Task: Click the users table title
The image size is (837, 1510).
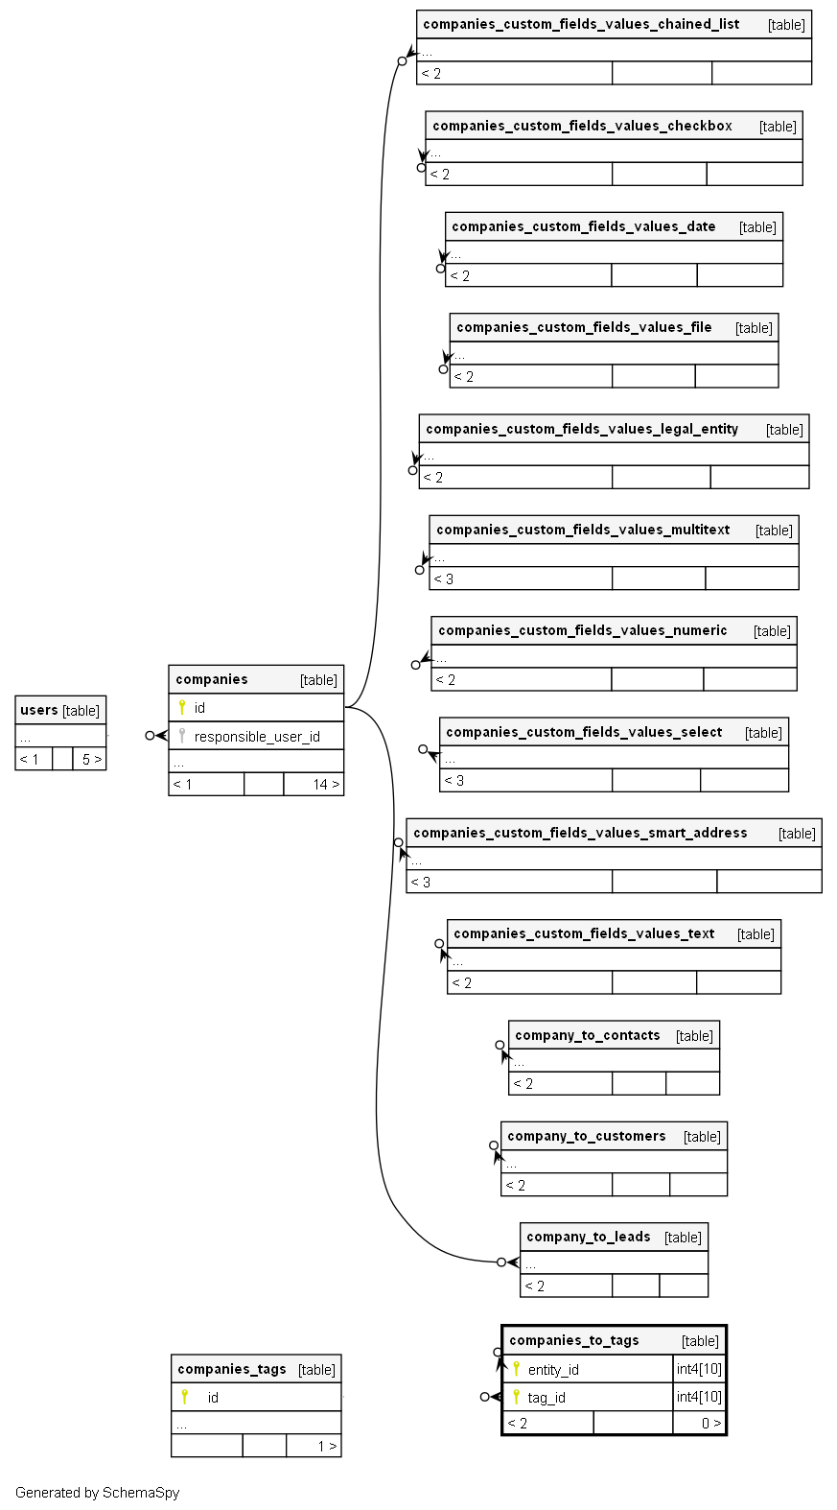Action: coord(39,710)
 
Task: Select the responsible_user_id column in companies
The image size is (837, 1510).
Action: coord(257,737)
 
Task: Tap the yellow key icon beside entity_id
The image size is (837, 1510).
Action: coord(516,1369)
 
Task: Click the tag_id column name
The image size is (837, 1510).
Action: coord(546,1398)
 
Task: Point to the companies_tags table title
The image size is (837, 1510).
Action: coord(232,1369)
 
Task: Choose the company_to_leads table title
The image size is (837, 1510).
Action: coord(589,1237)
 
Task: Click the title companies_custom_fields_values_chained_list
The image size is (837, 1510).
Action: coord(581,24)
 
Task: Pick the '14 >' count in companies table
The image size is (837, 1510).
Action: coord(325,785)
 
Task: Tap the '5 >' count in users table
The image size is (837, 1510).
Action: coord(91,760)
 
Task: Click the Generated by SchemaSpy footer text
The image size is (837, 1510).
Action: coord(97,1493)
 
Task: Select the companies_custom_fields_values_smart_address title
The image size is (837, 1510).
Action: coord(580,833)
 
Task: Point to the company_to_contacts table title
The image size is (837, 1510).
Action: coord(588,1035)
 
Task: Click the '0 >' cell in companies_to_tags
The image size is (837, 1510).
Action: coord(710,1424)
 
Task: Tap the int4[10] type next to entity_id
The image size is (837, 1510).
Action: coord(699,1369)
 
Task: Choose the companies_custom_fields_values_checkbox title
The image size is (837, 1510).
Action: coord(582,126)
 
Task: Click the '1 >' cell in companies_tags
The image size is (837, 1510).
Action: coord(326,1447)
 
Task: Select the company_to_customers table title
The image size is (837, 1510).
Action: coord(587,1136)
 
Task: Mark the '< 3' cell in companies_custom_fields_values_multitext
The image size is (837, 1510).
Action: coord(444,579)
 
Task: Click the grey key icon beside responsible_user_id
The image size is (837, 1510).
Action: coord(182,736)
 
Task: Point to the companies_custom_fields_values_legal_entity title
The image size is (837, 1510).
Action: coord(582,429)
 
